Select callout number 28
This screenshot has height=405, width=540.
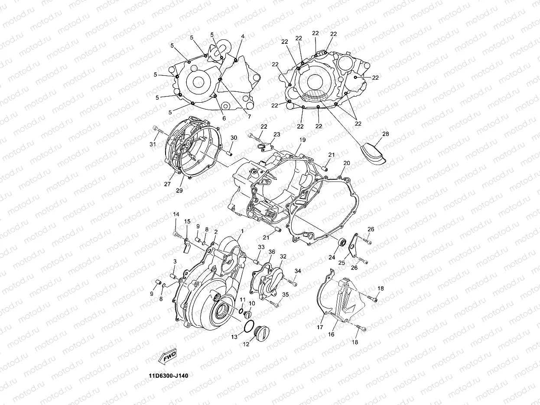point(385,134)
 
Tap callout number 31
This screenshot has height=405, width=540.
point(153,144)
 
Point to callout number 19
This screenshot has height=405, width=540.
point(303,140)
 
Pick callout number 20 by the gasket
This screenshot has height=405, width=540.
point(347,163)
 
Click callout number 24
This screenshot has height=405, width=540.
point(332,257)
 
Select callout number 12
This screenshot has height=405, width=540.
point(246,345)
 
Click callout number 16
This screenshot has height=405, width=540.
point(331,335)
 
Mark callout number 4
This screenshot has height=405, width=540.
point(243,36)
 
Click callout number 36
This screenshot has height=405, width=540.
point(272,252)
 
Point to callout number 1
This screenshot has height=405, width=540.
point(242,231)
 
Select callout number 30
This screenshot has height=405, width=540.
point(234,138)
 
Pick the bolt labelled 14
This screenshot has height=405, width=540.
point(178,234)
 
